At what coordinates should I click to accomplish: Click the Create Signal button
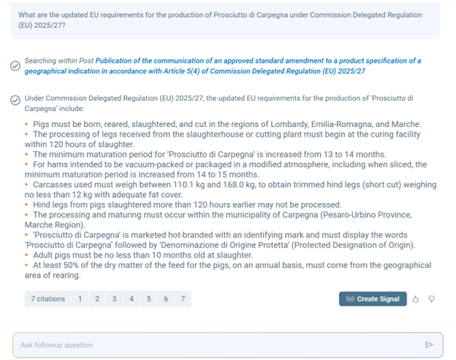coord(372,299)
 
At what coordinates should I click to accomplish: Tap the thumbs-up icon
coord(416,299)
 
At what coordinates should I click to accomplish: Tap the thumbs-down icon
coord(431,299)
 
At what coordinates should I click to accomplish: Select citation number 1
coord(80,299)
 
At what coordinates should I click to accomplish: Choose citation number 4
coord(132,299)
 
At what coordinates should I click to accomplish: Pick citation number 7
coord(183,299)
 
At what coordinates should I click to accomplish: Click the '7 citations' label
coord(47,299)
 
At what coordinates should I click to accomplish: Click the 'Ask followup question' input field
coord(219,345)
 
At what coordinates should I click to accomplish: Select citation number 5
coord(148,299)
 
